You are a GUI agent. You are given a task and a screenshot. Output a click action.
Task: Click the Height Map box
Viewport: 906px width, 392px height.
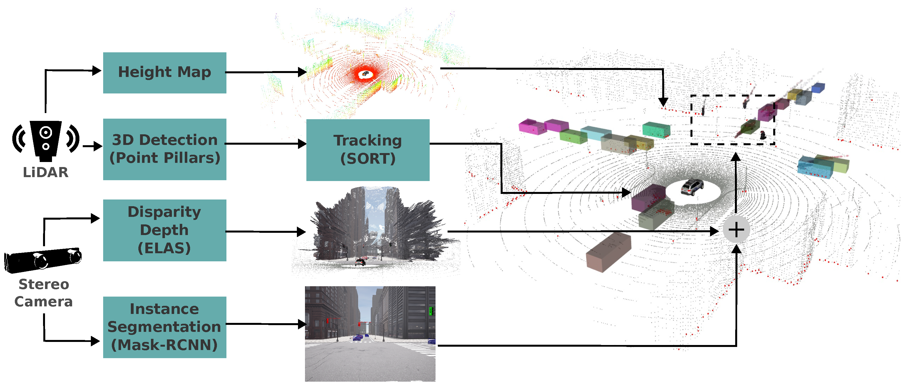point(164,72)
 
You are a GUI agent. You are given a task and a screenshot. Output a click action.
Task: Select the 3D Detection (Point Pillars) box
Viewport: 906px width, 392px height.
point(164,149)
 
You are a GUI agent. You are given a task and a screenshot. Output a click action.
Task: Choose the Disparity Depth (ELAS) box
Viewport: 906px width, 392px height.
point(164,230)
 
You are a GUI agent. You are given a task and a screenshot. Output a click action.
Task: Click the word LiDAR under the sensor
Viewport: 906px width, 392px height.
point(46,172)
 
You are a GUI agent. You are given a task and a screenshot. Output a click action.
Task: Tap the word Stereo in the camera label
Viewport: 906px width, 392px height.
point(44,284)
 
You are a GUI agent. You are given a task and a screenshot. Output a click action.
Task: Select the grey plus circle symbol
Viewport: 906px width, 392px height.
point(736,230)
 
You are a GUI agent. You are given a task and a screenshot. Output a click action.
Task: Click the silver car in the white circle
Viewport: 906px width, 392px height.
point(692,187)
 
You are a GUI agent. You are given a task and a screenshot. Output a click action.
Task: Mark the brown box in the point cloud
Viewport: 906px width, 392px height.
point(609,252)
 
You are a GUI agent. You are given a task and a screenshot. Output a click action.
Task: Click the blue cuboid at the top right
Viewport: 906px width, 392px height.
point(818,88)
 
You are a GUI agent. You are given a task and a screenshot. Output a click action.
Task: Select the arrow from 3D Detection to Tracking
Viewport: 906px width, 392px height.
point(266,144)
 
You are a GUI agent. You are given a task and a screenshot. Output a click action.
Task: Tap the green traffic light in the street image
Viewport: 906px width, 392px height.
point(430,311)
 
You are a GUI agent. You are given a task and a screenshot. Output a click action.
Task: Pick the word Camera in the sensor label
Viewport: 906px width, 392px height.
point(44,302)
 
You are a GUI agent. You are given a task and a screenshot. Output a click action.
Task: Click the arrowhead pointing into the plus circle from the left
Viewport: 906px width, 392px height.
point(714,231)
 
